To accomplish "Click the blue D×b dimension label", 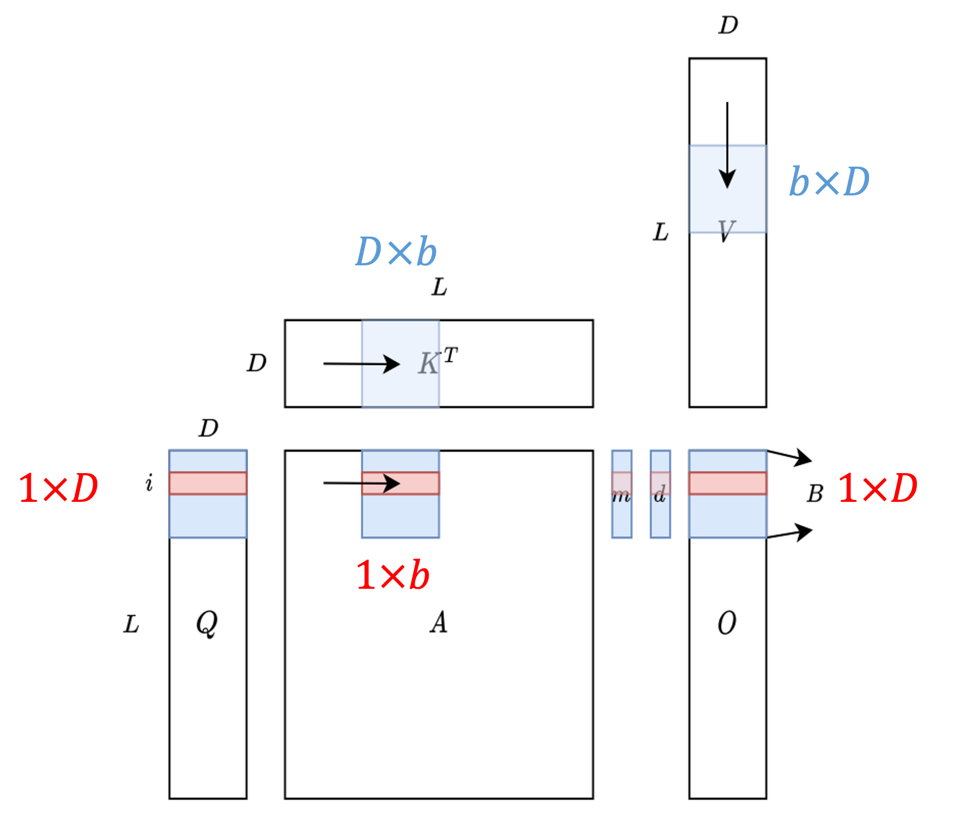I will pos(396,252).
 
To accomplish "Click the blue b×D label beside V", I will pos(829,182).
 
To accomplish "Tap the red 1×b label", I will pos(393,575).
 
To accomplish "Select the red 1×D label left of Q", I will pos(58,488).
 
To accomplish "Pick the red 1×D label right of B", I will pos(878,488).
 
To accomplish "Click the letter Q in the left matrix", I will pos(207,623).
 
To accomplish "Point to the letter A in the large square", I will pos(438,623).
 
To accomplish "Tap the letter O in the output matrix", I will pos(726,623).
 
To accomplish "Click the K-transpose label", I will pos(437,361).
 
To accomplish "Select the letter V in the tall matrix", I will pos(726,231).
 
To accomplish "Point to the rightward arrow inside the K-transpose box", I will pos(361,364).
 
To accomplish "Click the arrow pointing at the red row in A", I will pos(361,483).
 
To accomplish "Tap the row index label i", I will pos(149,483).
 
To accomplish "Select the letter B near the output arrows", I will pos(814,494).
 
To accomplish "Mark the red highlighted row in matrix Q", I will pos(208,483).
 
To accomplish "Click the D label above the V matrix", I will pos(728,25).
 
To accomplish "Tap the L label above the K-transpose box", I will pos(439,287).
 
